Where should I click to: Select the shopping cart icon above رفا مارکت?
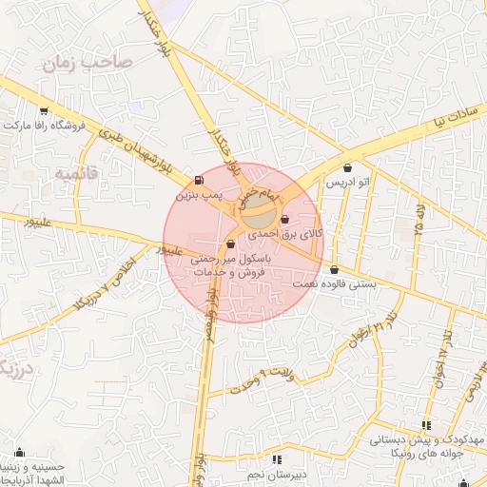coord(44,110)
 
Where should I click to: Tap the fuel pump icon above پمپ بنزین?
coord(198,180)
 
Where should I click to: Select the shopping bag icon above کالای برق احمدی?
coord(285,220)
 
